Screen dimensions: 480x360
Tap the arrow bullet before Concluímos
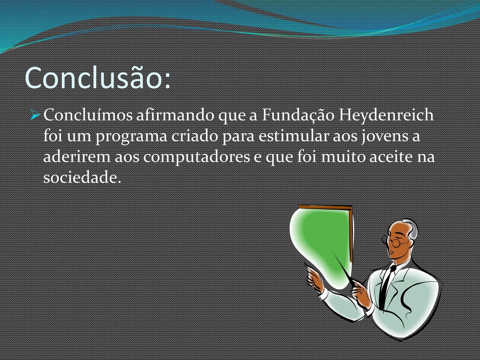point(36,115)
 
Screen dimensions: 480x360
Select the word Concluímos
point(88,115)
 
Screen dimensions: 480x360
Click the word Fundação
point(298,116)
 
